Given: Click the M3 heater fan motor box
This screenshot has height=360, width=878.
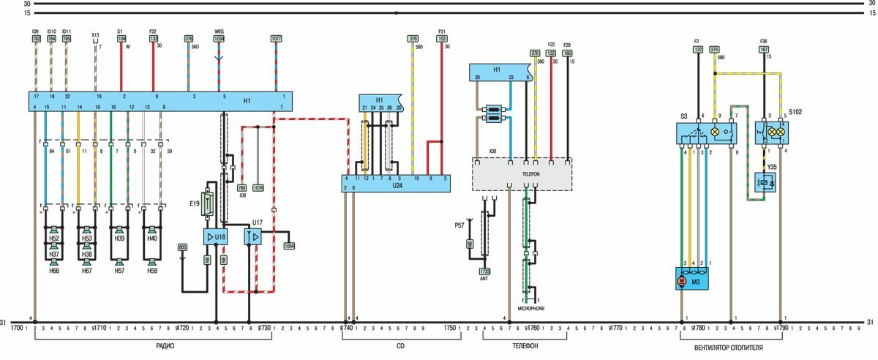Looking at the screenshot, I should (691, 279).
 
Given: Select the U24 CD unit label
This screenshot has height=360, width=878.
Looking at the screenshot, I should (397, 186).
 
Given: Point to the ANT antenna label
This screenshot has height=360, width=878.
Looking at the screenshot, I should (484, 279).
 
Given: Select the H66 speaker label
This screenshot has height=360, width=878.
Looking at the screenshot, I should (54, 271).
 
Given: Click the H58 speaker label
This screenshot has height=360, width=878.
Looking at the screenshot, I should (151, 271).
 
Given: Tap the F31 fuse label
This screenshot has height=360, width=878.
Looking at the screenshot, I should (442, 31).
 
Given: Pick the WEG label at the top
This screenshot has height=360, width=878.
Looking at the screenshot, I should (219, 31).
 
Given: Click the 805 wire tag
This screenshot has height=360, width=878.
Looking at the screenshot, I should (182, 247).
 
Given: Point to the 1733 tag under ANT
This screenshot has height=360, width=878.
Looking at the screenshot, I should (484, 271).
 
